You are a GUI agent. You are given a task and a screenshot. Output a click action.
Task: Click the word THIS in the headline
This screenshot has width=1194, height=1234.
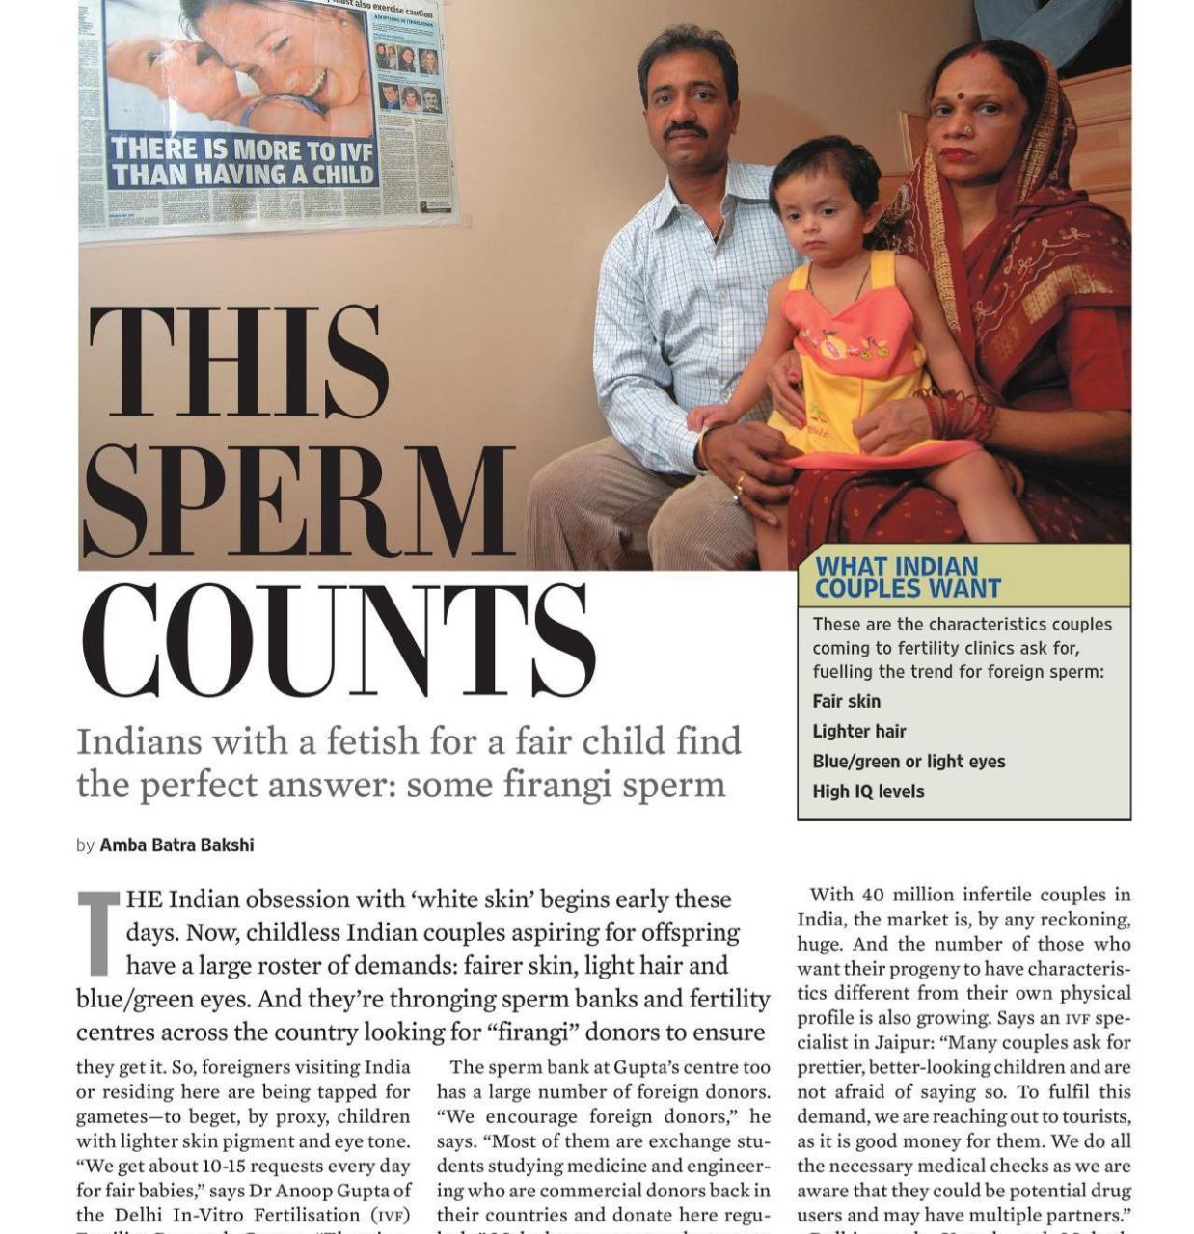pyautogui.click(x=238, y=363)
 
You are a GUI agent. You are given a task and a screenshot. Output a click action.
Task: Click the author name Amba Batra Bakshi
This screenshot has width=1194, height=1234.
pyautogui.click(x=176, y=845)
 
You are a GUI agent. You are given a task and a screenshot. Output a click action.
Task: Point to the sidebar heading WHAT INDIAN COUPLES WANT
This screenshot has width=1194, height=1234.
pyautogui.click(x=908, y=577)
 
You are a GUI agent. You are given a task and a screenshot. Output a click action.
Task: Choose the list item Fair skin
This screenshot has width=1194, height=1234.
pyautogui.click(x=846, y=701)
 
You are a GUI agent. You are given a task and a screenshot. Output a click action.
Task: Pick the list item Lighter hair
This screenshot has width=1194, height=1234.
pyautogui.click(x=858, y=731)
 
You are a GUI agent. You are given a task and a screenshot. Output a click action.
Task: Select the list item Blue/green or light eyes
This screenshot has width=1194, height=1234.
pyautogui.click(x=908, y=761)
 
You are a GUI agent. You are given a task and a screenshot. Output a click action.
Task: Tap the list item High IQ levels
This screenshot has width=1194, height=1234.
pyautogui.click(x=867, y=791)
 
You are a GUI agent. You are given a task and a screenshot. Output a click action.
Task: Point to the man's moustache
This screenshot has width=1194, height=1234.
pyautogui.click(x=687, y=128)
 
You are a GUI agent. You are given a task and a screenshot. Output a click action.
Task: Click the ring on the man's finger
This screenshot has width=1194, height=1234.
pyautogui.click(x=739, y=481)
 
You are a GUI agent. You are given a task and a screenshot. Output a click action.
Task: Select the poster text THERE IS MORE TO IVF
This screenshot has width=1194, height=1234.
pyautogui.click(x=240, y=150)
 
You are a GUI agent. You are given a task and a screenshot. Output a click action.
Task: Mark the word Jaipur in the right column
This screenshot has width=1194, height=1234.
pyautogui.click(x=906, y=1042)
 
